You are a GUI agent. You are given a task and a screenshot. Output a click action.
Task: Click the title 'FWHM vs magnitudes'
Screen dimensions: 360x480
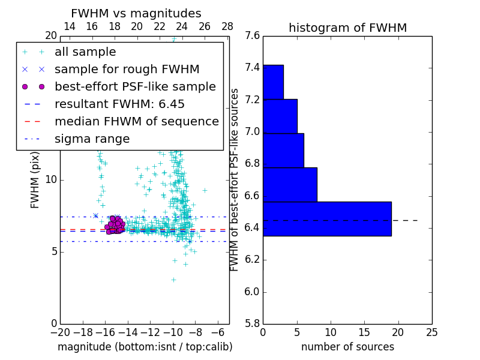(136, 14)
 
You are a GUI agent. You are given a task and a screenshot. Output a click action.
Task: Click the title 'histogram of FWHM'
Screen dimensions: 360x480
(347, 28)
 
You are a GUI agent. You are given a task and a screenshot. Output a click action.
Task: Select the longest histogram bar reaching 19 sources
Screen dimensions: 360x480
(327, 218)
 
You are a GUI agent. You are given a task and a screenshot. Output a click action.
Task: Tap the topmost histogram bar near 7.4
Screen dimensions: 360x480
(273, 82)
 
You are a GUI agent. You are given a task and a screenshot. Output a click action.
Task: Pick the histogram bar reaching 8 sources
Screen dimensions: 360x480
(290, 184)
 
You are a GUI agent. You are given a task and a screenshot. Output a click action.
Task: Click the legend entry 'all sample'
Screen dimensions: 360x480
(85, 52)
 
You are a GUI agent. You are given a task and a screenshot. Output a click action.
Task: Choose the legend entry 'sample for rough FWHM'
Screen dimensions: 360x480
(127, 70)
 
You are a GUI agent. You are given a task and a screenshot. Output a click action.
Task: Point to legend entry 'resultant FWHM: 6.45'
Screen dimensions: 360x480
(119, 104)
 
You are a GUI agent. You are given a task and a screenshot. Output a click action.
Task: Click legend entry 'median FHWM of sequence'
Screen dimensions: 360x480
(136, 122)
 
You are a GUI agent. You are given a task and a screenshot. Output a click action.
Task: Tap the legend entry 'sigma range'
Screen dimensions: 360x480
(92, 139)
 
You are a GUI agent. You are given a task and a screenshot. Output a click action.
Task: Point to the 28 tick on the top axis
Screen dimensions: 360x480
(227, 26)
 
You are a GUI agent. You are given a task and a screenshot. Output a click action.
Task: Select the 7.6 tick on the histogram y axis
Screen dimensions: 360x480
(252, 36)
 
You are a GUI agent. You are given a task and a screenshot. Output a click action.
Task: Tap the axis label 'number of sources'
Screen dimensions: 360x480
(347, 347)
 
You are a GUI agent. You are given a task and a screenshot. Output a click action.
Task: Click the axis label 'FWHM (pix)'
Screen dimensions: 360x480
(35, 179)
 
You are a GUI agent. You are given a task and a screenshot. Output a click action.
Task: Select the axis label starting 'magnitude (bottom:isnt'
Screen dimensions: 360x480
(145, 347)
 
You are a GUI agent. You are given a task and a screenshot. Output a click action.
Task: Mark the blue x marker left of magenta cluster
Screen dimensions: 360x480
(95, 215)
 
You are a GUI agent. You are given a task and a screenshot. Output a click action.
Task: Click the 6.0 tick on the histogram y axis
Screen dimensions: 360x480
(252, 292)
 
